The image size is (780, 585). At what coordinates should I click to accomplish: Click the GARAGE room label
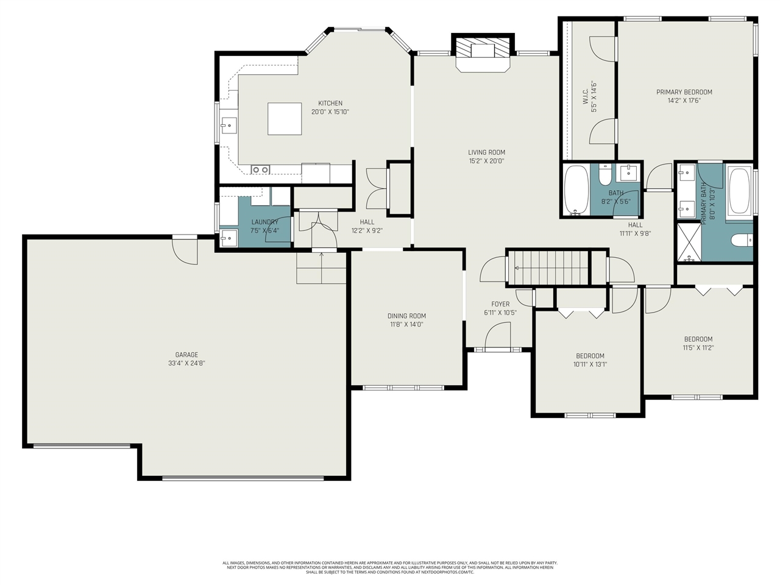coord(186,355)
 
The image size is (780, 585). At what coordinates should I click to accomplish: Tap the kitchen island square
coord(285,118)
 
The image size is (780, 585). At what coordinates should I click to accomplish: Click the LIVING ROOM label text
coord(486,152)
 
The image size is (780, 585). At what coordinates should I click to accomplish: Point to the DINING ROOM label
coord(406,316)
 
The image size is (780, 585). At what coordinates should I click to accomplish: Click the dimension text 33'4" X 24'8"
coord(186,363)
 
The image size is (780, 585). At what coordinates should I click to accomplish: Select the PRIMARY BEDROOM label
coord(684,92)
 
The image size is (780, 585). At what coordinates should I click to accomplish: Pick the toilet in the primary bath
coord(741,240)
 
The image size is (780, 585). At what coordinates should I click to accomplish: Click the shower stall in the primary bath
coord(688,243)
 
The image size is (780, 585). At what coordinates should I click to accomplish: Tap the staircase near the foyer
coord(548,268)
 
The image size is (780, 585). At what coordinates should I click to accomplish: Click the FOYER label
coord(500,304)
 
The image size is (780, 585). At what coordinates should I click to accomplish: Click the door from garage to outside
coord(185,250)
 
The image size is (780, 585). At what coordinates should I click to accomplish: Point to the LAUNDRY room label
coord(264,222)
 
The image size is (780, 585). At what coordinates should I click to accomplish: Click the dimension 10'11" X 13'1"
coord(590,364)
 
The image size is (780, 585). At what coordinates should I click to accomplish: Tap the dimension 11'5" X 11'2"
coord(698,348)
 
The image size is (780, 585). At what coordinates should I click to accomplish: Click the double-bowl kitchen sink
coord(261,169)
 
